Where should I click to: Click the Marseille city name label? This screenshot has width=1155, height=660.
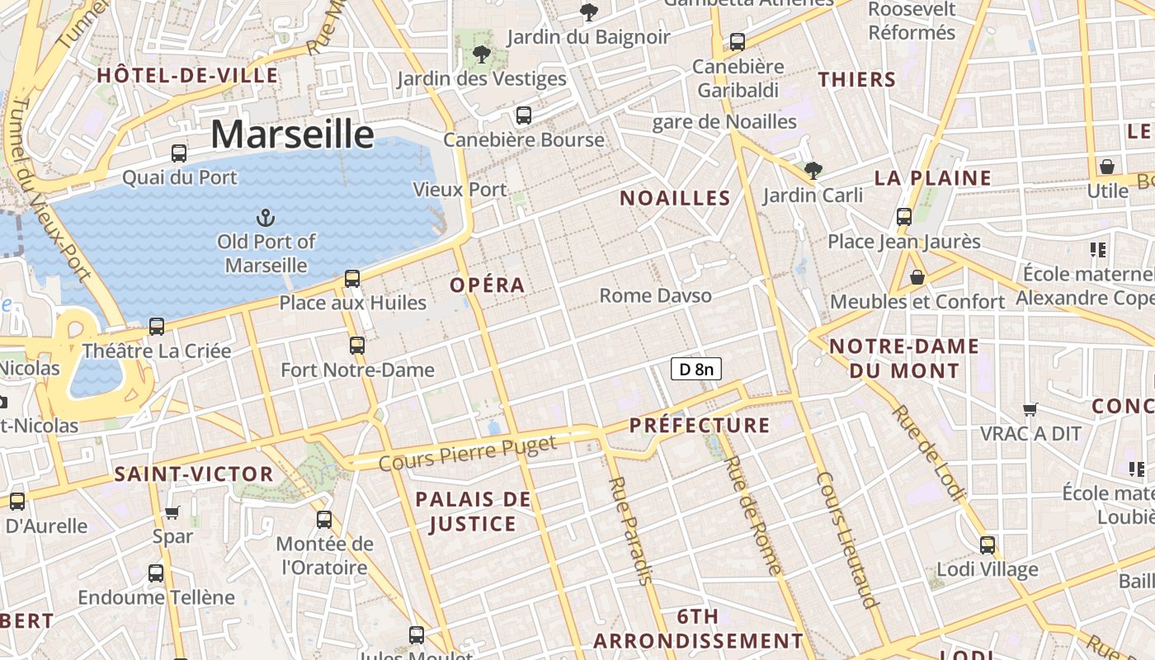[292, 134]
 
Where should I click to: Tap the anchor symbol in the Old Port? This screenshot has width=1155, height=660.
[266, 218]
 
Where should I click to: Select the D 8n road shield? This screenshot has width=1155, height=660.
[697, 369]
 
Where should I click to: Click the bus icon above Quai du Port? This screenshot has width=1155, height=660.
[179, 153]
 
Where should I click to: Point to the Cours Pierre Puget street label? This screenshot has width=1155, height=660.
[468, 454]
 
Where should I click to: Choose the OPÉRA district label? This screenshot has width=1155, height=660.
[488, 285]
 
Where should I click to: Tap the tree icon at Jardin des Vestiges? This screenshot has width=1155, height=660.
[482, 55]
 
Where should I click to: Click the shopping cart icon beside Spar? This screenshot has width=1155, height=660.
[172, 512]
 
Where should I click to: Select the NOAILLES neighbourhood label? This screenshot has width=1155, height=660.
[675, 198]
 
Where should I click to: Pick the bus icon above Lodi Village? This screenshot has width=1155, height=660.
[988, 544]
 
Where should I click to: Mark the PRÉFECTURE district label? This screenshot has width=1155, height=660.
[700, 426]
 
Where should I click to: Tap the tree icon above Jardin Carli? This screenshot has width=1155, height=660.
[813, 171]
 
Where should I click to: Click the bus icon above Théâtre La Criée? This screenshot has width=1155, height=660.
[157, 326]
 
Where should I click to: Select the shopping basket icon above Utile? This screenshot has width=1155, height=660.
[1107, 167]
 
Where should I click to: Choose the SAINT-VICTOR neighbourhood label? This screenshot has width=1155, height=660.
[194, 474]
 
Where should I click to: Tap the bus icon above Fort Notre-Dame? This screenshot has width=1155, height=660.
[357, 345]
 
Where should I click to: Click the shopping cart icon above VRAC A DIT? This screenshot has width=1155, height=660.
[1030, 409]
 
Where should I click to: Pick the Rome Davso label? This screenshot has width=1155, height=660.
[655, 295]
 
